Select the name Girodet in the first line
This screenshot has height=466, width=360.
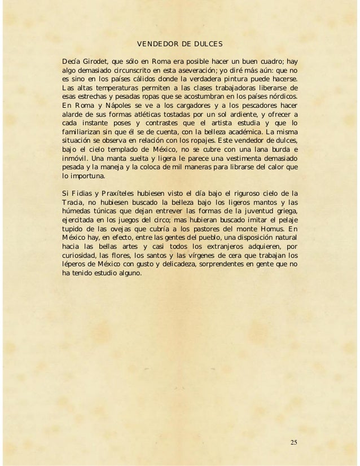tap(96, 59)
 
